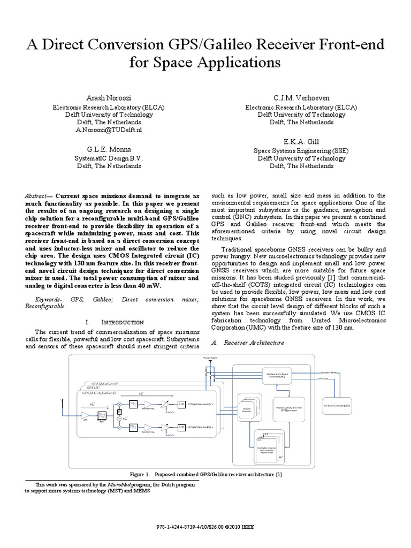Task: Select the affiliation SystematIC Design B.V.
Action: pos(109,159)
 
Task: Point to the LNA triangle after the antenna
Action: pos(85,415)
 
